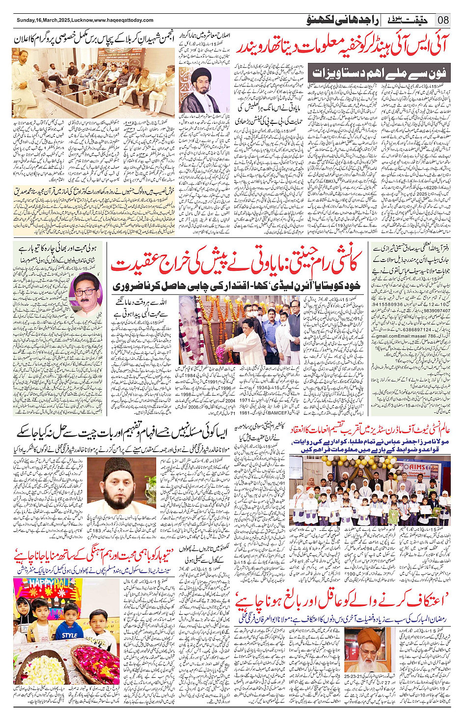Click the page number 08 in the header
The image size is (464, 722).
(443, 20)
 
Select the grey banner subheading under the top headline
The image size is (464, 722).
(380, 73)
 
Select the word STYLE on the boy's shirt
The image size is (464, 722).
(69, 635)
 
